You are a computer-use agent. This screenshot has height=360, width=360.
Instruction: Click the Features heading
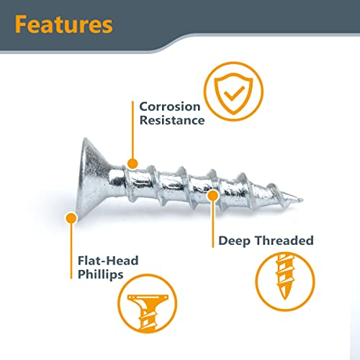click(x=64, y=24)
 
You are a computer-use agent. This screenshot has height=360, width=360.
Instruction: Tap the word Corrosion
click(x=170, y=107)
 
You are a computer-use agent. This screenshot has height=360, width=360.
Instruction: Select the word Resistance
click(x=172, y=120)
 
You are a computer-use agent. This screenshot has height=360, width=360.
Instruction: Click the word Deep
click(x=234, y=241)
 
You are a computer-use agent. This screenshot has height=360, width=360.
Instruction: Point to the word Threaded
click(x=284, y=240)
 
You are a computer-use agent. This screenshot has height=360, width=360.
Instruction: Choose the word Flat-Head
click(x=108, y=261)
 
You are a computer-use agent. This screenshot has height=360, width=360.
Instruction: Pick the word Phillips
click(x=101, y=275)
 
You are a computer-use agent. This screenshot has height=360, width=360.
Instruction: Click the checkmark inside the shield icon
click(x=233, y=94)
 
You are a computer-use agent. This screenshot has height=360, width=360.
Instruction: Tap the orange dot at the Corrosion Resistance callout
click(x=132, y=164)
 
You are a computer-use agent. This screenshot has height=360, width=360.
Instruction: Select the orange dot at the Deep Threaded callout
click(x=213, y=196)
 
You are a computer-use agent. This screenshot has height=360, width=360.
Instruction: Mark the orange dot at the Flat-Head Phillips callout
click(x=71, y=218)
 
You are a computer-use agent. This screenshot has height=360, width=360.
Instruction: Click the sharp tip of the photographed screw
click(x=302, y=199)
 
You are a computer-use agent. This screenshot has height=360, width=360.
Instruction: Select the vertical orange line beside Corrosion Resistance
click(x=132, y=130)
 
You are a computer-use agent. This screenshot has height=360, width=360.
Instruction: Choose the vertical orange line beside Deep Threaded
click(x=213, y=224)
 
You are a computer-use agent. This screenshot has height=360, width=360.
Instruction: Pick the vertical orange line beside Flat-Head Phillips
click(x=71, y=251)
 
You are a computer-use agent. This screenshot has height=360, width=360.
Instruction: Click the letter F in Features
click(x=21, y=24)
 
